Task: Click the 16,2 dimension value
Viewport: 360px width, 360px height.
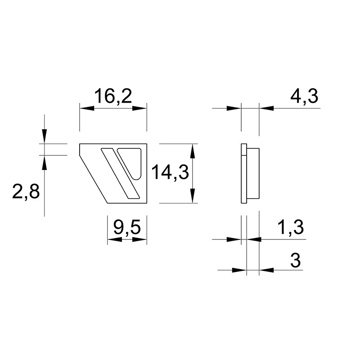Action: pyautogui.click(x=113, y=96)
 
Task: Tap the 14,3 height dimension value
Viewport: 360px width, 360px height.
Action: pyautogui.click(x=170, y=172)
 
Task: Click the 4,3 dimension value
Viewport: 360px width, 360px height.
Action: pyautogui.click(x=304, y=97)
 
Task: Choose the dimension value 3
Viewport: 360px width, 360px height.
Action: pyautogui.click(x=296, y=261)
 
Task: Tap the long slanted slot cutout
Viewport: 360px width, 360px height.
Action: pyautogui.click(x=120, y=173)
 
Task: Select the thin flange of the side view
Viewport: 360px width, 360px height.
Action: pyautogui.click(x=244, y=174)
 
